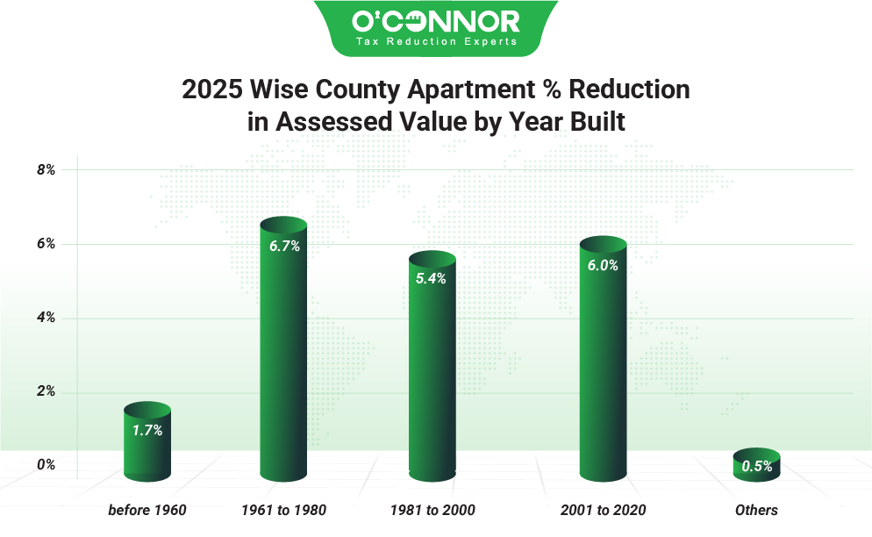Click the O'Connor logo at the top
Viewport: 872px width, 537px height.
(435, 20)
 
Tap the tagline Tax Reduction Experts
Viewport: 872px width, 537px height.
(435, 41)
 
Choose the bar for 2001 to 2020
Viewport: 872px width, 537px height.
(603, 360)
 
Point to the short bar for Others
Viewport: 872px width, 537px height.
(756, 465)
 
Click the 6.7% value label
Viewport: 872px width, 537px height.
(284, 247)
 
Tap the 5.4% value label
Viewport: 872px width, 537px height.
(432, 279)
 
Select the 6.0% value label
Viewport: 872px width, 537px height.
(603, 266)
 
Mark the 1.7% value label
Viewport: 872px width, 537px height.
(147, 430)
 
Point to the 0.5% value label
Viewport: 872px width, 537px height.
(756, 467)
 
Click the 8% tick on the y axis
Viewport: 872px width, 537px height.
(46, 170)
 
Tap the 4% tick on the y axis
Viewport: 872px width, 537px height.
(46, 318)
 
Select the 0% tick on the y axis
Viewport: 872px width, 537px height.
(46, 464)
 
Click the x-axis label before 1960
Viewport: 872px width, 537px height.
(147, 510)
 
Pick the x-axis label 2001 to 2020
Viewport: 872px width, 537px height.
(603, 510)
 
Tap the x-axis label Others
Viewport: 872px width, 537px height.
(756, 510)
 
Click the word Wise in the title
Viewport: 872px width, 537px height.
(285, 89)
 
